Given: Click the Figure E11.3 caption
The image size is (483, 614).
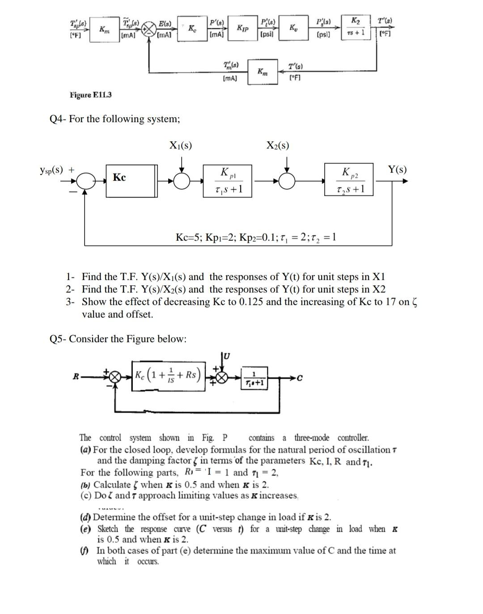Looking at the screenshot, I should (x=91, y=95).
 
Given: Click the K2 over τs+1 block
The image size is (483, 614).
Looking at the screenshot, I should (x=356, y=27).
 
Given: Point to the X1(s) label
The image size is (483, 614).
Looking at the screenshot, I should (x=181, y=145).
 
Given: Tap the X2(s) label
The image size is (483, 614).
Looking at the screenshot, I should (x=277, y=145).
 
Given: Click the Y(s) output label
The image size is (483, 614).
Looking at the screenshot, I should (x=397, y=169).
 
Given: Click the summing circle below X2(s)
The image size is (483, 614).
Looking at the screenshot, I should (x=287, y=181).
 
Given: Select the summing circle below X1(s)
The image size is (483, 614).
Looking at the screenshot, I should (x=182, y=181).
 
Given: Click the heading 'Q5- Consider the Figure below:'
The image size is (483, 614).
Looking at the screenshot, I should (x=118, y=339).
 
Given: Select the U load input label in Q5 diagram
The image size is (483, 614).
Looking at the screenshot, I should (x=227, y=356).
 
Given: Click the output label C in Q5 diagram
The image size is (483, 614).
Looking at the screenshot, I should (x=299, y=378).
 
